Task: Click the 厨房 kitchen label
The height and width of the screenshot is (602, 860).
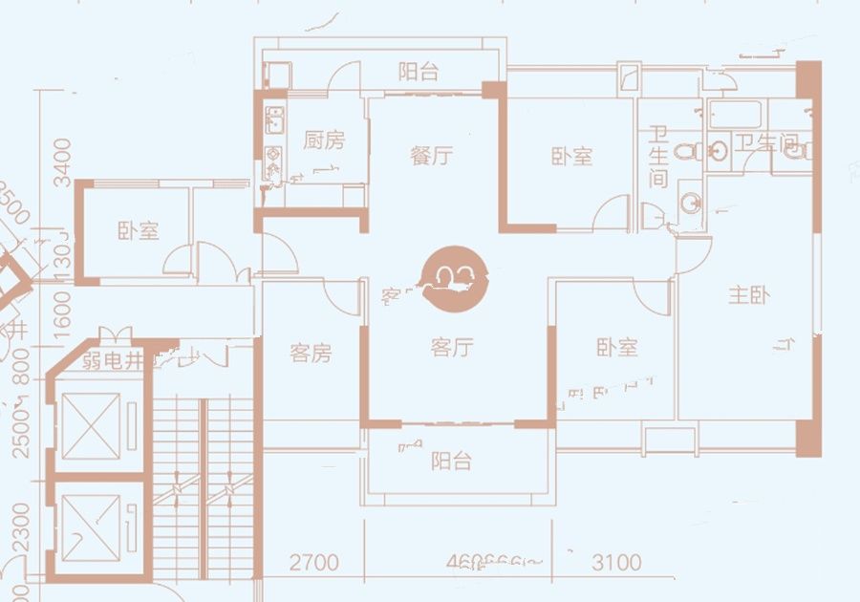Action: click(324, 141)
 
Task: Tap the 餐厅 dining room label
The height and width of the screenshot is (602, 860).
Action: click(431, 156)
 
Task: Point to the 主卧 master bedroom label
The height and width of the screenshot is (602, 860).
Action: click(748, 295)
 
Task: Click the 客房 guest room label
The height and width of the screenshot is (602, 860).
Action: click(311, 354)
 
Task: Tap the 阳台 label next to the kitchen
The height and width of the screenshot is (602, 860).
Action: click(419, 72)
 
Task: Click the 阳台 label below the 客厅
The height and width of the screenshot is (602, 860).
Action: click(451, 462)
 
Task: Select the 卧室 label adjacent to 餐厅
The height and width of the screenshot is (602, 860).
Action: click(571, 157)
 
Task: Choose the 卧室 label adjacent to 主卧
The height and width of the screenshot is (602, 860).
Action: click(616, 348)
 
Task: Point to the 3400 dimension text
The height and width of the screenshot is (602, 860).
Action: click(62, 162)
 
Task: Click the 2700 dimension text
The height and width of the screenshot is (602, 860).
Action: click(313, 563)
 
